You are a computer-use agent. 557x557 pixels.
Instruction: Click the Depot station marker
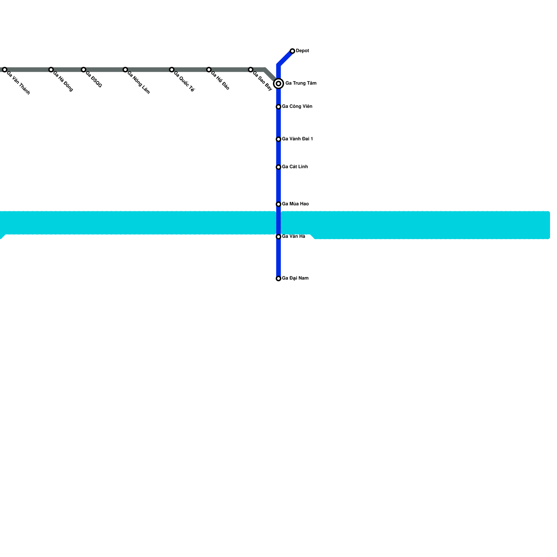292,51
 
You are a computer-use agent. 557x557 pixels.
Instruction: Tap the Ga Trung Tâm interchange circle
278,84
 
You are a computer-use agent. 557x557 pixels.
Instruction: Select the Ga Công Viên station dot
278,107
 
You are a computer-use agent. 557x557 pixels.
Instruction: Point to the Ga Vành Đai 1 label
297,139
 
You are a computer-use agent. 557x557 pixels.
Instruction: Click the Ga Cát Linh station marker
278,167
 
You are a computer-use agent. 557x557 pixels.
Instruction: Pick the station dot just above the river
278,204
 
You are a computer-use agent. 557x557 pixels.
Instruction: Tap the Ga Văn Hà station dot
278,237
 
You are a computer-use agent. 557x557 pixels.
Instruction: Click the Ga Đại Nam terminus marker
278,279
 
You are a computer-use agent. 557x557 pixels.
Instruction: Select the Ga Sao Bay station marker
251,70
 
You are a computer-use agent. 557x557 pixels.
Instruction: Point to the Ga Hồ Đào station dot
209,70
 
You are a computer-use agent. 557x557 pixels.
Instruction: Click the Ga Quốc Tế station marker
172,70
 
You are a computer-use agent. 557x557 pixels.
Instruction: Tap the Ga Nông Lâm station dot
125,70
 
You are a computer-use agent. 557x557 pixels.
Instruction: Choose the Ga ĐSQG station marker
84,70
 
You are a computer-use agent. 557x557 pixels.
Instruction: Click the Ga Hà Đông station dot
51,70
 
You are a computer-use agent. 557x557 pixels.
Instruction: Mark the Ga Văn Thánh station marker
5,70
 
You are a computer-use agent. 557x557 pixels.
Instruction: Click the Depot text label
303,51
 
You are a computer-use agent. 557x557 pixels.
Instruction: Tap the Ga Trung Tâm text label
301,83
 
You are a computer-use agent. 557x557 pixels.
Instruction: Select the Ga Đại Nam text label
295,278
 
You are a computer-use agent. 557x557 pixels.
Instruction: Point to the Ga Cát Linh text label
295,167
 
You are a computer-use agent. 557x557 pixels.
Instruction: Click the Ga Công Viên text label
297,107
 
